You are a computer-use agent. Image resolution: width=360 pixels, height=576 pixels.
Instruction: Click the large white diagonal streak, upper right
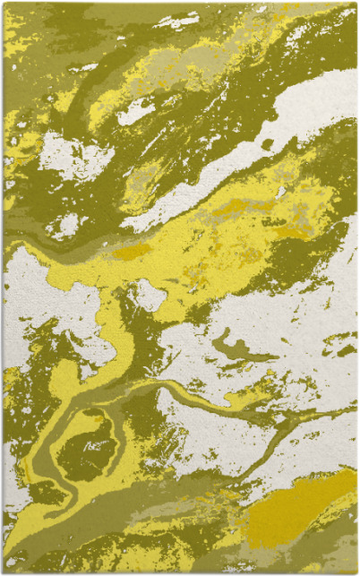[x=296, y=125]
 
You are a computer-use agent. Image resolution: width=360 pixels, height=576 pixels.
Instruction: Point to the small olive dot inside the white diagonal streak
[x=267, y=143]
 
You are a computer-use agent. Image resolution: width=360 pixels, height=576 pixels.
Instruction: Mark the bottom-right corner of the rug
[x=356, y=571]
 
